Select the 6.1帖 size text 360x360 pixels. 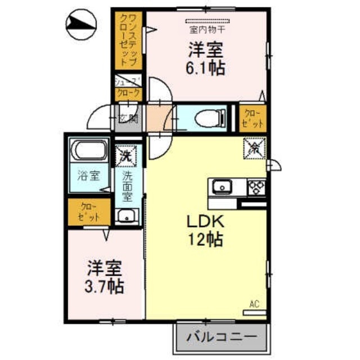pos(206,69)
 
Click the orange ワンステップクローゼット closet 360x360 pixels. pos(128,42)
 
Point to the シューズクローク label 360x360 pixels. pos(128,88)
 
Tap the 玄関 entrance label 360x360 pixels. pos(128,118)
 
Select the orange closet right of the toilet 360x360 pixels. pos(253,118)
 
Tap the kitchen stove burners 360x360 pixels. pos(255,186)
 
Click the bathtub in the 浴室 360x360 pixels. pos(89,152)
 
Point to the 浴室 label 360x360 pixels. pos(89,175)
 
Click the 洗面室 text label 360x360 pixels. pos(128,186)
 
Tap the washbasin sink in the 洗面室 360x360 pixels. pos(128,215)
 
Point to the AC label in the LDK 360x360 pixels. pos(254,305)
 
